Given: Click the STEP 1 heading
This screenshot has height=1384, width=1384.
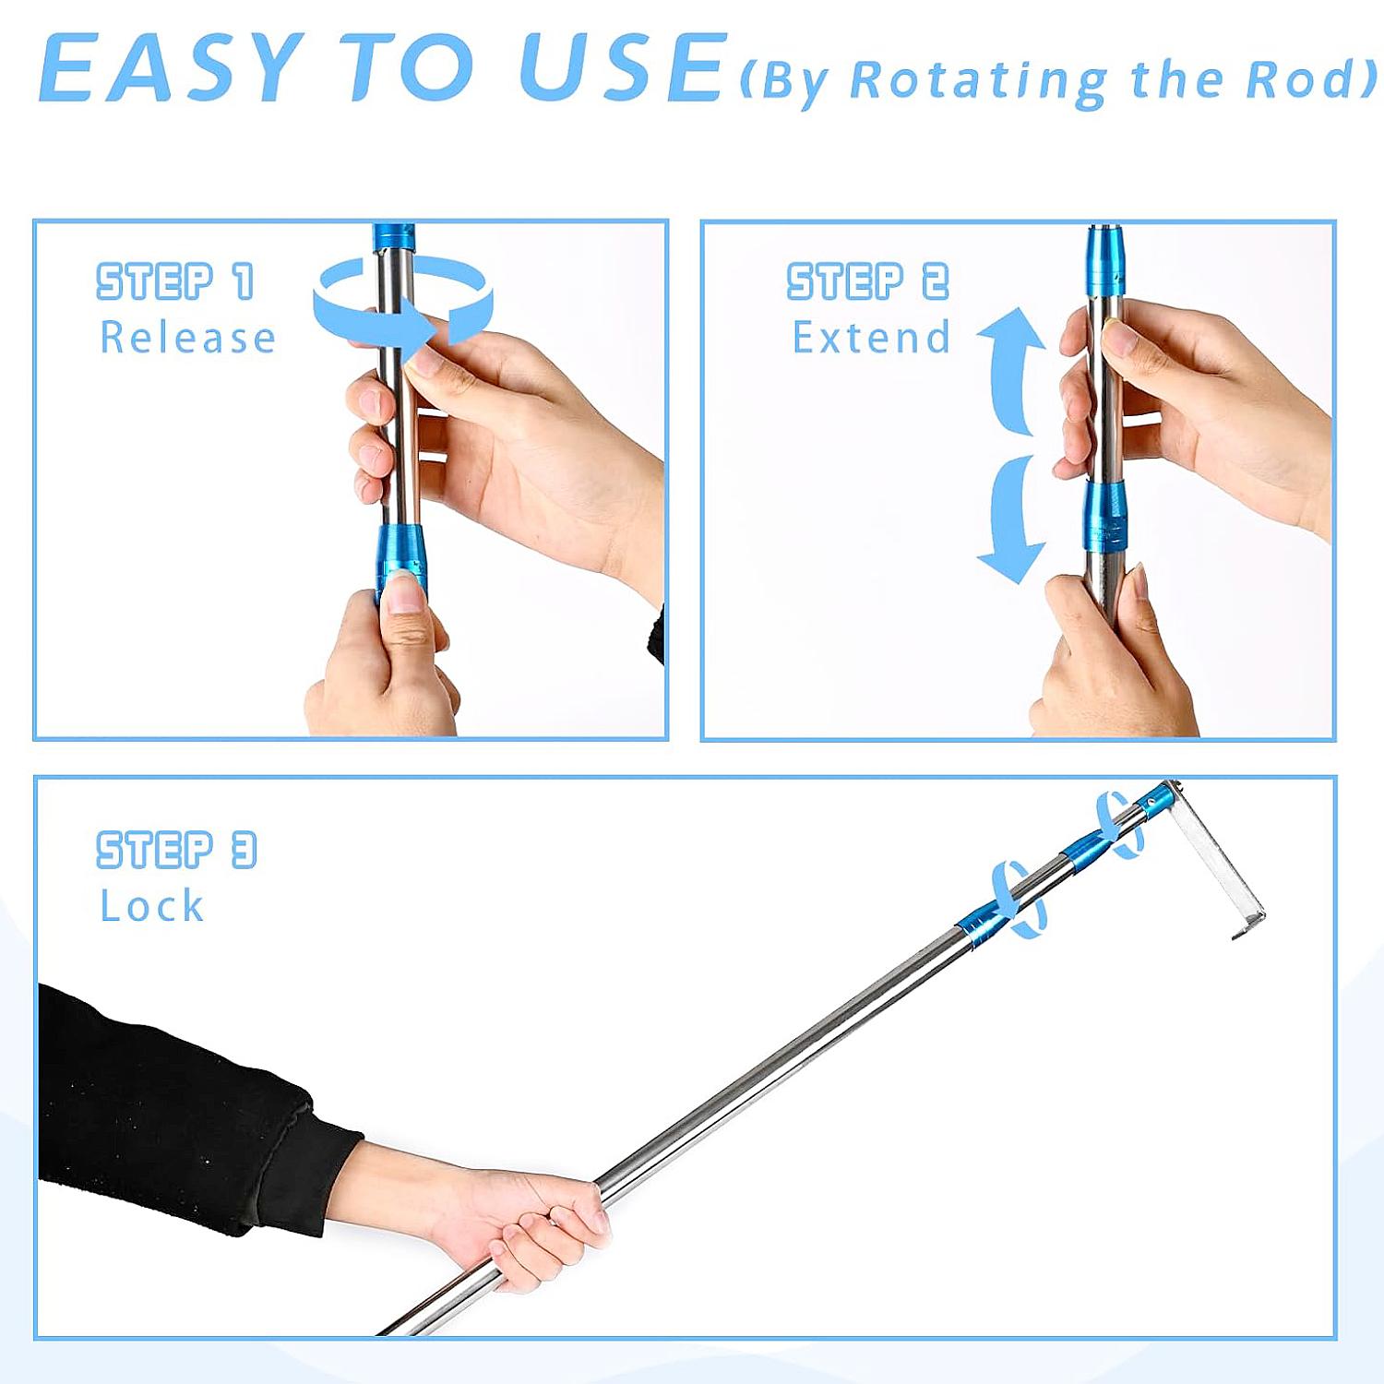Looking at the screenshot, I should (x=175, y=281).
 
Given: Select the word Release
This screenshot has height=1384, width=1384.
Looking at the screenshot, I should (x=187, y=338).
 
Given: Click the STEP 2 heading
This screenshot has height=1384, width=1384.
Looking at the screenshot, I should (x=867, y=281).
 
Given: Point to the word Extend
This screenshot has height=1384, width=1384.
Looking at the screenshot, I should (x=871, y=338).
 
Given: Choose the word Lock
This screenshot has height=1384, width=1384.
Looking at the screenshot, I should (x=151, y=906).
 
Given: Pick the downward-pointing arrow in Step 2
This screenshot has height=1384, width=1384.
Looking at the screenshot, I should (x=1012, y=521).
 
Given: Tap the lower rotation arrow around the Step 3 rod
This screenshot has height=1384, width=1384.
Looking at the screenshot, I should (x=1020, y=900).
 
